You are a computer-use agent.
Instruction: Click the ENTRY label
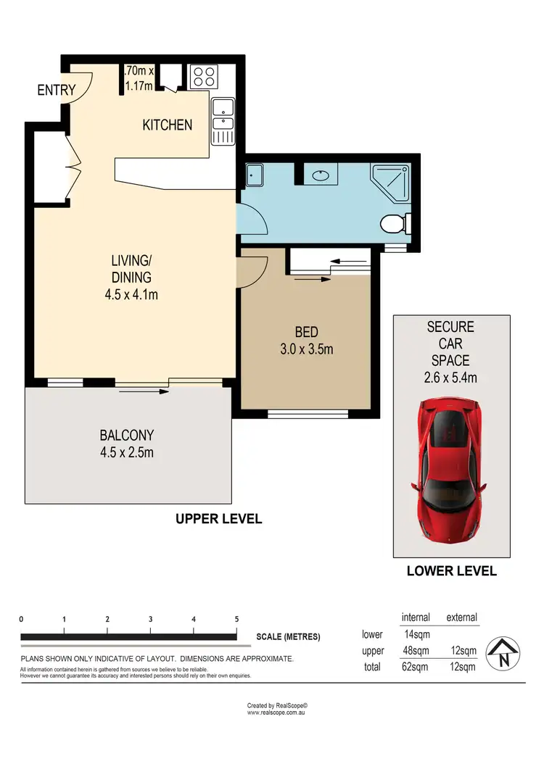coord(57,90)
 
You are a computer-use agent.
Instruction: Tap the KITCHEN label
coord(167,125)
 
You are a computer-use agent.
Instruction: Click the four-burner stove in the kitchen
coord(202,76)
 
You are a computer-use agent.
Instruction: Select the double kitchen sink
coord(223,122)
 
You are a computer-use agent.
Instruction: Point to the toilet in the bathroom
coord(395,224)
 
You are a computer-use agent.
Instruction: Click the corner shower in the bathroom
coord(391,183)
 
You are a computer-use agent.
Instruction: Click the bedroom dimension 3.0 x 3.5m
coord(306,349)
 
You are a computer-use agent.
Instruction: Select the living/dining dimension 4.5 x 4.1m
coord(131,294)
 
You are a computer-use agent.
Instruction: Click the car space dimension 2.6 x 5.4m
coord(450,377)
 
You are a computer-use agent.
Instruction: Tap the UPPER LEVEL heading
coord(218,519)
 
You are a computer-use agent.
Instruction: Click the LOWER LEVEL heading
coord(451,571)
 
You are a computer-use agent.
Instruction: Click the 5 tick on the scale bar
coord(236,620)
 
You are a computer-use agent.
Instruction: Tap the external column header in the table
coord(461,618)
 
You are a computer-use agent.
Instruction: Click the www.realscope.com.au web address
coord(278,712)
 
